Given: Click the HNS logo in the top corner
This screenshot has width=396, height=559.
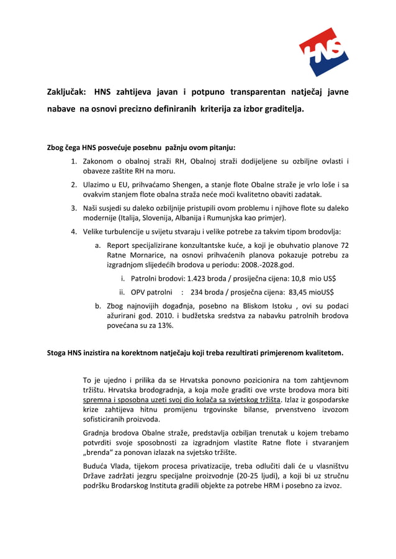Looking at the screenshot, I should coord(323,52).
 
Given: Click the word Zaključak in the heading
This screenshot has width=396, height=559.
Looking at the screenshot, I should coord(68,92).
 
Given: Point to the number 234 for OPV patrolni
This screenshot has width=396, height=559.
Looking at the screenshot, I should coord(198,292).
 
